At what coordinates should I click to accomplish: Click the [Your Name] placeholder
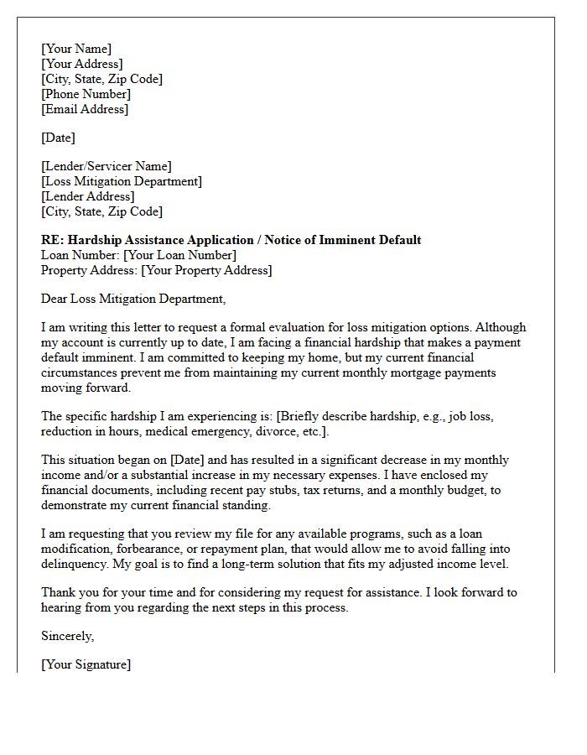76,49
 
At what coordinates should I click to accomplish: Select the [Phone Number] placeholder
86,94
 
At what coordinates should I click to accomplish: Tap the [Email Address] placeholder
85,109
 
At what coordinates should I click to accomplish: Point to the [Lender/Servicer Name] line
106,166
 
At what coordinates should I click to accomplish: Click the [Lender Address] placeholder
87,196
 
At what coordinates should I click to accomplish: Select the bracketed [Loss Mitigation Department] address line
122,181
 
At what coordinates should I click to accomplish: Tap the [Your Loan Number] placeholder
179,255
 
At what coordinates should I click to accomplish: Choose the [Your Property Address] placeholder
206,270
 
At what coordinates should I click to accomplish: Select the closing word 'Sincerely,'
67,636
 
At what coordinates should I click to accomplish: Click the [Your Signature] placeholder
86,664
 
